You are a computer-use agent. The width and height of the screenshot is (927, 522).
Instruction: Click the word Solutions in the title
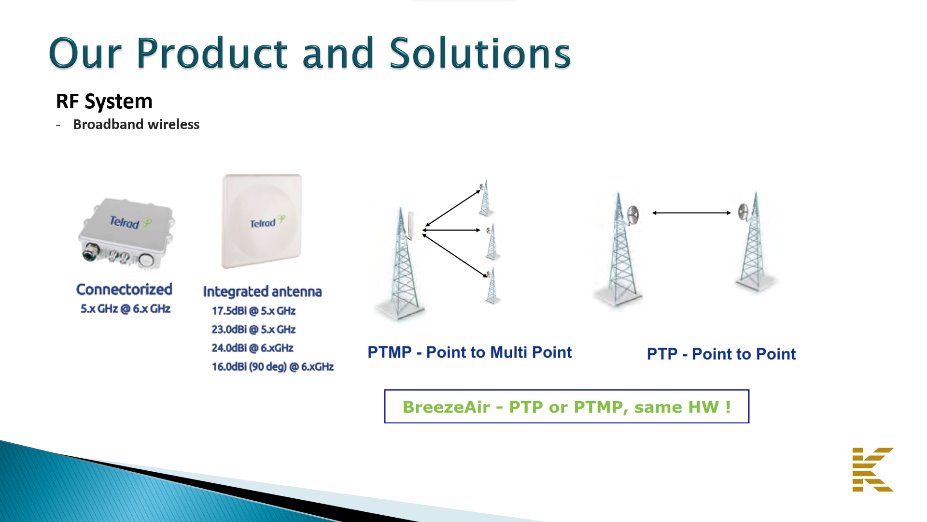(480, 53)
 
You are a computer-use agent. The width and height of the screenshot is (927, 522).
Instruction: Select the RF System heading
(104, 101)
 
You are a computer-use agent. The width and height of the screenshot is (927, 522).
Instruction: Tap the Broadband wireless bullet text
(136, 124)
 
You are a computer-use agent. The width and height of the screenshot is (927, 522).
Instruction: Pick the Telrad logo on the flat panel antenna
(267, 222)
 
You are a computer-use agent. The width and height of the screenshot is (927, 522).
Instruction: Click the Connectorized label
(124, 289)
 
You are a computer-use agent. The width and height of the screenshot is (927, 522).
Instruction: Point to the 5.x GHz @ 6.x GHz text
(126, 308)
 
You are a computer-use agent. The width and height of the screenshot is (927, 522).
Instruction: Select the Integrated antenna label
(262, 291)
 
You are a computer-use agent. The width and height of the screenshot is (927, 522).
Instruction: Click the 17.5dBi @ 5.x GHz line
(253, 311)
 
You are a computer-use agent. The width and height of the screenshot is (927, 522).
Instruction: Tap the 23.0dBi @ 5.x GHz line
(253, 329)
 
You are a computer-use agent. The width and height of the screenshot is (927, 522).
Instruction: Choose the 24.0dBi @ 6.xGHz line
(253, 348)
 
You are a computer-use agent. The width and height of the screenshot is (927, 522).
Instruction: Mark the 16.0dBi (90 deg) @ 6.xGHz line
(273, 367)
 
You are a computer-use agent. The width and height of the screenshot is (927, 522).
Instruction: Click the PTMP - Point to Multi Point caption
(470, 352)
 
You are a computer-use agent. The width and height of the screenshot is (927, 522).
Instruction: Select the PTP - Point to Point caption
(721, 354)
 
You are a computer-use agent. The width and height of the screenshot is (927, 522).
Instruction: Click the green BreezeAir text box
(567, 406)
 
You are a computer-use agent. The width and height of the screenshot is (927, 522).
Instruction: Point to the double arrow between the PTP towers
(691, 213)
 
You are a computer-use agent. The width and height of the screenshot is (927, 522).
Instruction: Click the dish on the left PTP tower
(632, 215)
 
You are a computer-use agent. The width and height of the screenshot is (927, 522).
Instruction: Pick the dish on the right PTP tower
(744, 211)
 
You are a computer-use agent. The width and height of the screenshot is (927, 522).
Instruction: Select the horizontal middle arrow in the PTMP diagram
(451, 230)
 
